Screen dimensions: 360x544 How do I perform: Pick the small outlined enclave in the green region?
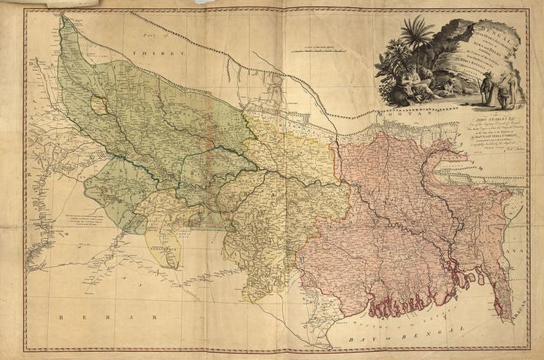click(100, 107)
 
